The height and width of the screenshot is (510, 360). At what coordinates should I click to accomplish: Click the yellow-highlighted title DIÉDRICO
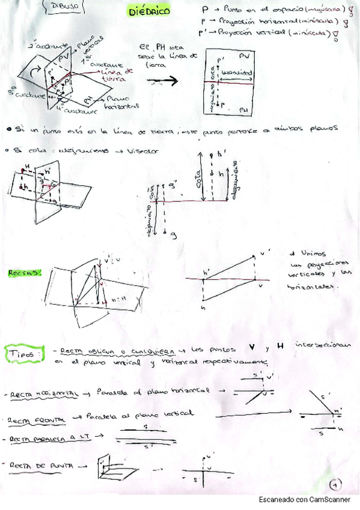click(150, 11)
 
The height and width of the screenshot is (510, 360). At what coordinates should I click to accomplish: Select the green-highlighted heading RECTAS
click(23, 273)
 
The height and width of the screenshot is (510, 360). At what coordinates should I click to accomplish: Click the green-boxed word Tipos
click(23, 351)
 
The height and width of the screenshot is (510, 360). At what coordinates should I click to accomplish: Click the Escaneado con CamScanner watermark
click(306, 500)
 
